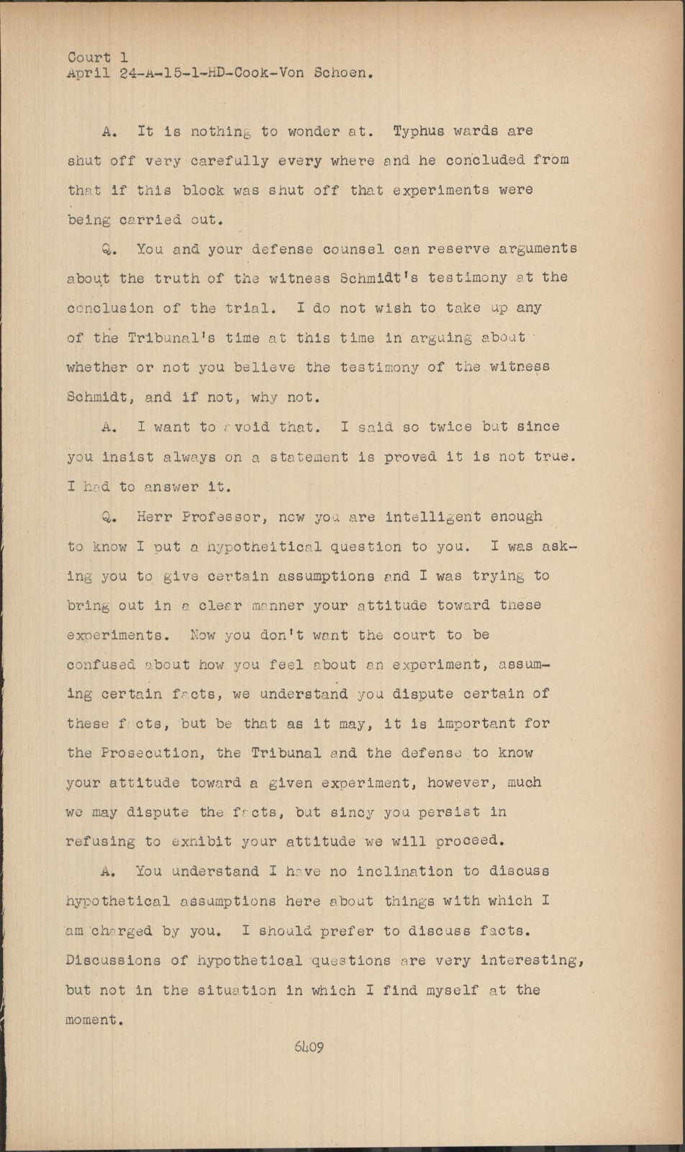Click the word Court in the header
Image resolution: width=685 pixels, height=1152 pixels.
(89, 57)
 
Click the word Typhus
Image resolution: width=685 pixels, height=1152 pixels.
(424, 131)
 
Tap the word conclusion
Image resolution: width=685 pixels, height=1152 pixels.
(110, 308)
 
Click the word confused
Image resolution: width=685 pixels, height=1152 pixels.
(101, 665)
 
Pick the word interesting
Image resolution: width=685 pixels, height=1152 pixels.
(531, 960)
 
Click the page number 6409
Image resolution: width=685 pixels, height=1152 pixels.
(309, 1047)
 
